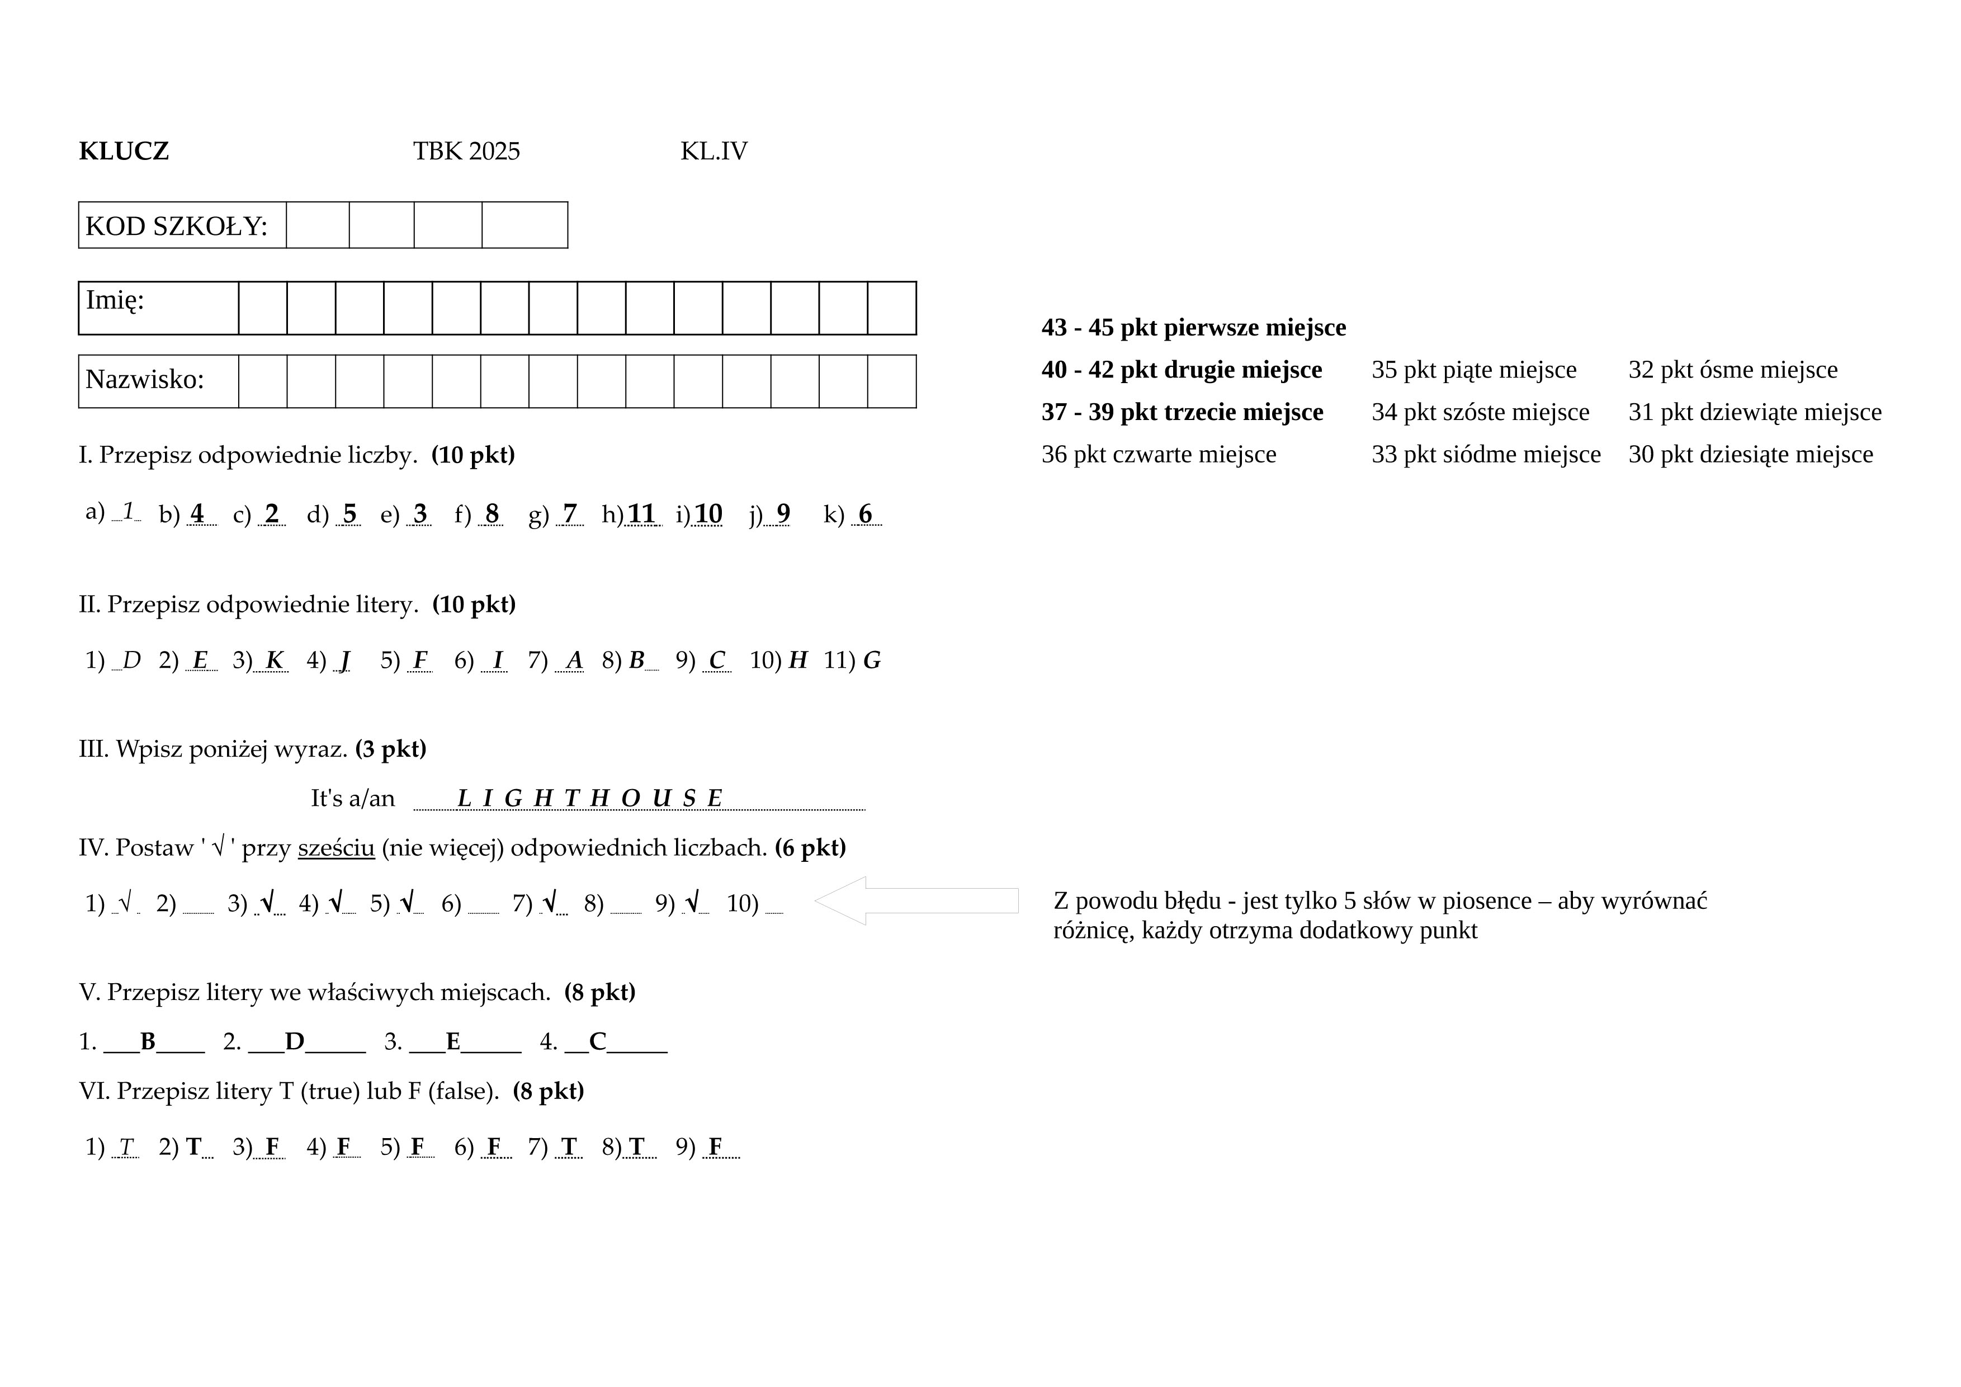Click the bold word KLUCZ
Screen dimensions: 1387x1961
(x=124, y=151)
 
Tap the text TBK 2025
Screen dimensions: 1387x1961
(x=466, y=151)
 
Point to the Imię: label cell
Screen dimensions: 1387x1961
(x=158, y=308)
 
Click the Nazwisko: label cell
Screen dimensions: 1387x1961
(x=158, y=381)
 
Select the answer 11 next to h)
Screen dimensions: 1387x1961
(x=641, y=514)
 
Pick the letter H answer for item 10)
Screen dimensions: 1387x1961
(x=798, y=660)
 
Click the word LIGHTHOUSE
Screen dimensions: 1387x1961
(x=590, y=799)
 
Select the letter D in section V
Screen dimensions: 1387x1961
(x=295, y=1042)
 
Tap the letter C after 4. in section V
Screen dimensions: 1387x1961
(x=598, y=1042)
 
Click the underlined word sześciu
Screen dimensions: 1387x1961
(x=337, y=848)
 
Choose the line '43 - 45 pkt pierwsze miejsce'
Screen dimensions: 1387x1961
(x=1193, y=328)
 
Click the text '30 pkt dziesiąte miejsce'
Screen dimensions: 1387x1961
(x=1750, y=454)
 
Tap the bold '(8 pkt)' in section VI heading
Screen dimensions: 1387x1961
(x=549, y=1092)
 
